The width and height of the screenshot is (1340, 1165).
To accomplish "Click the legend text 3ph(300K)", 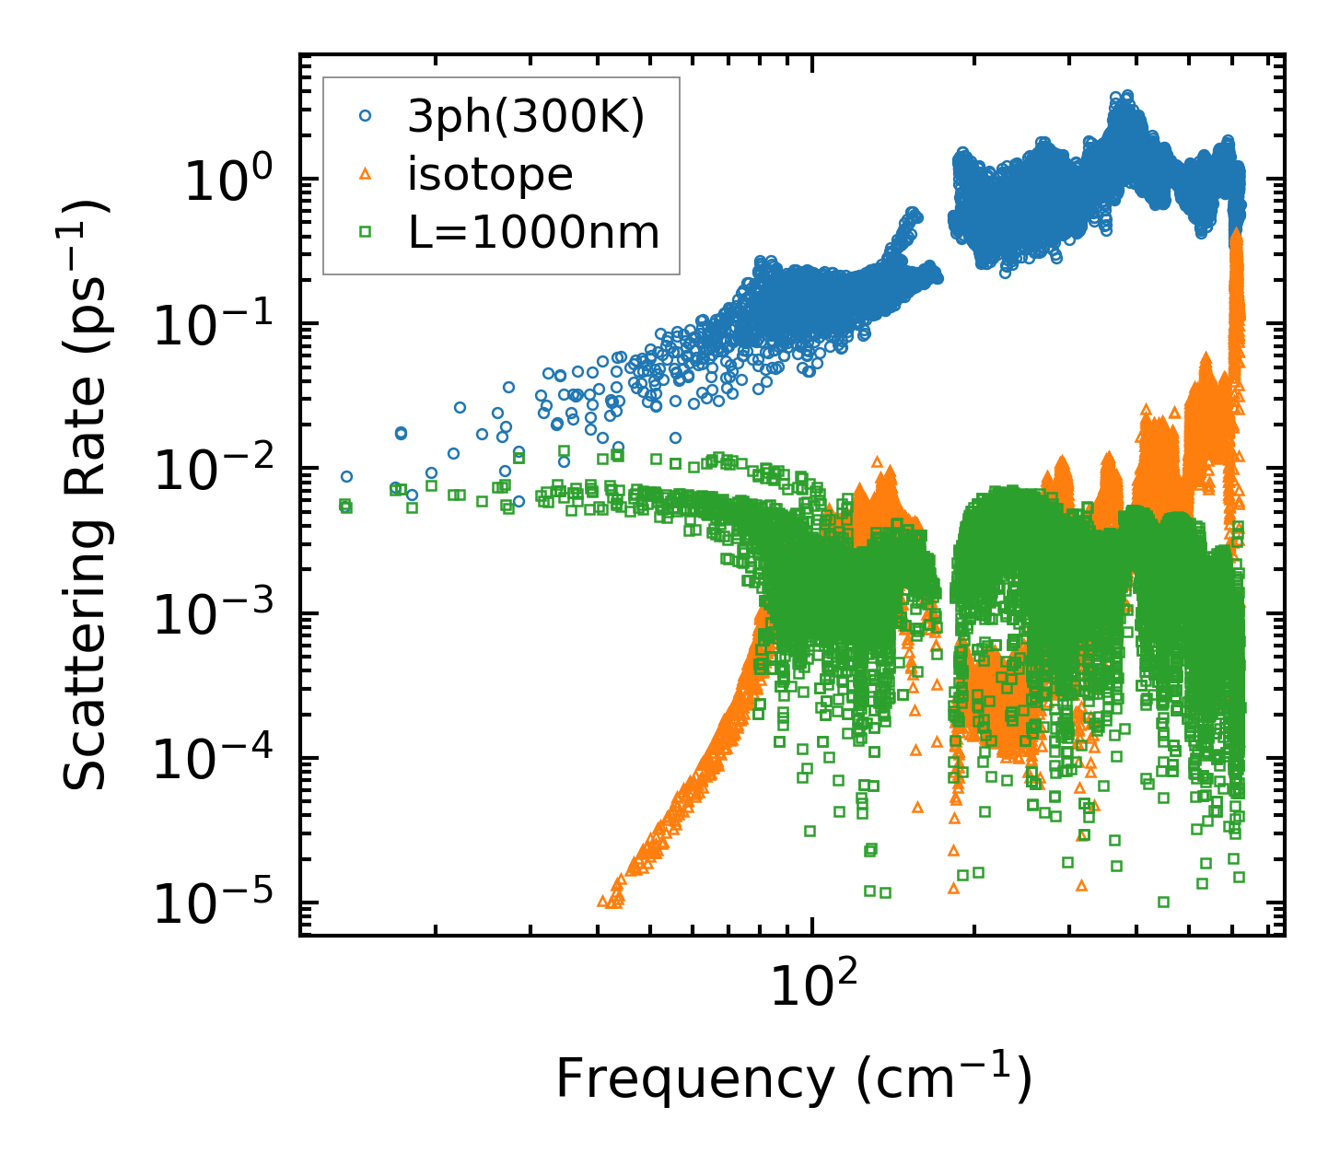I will pyautogui.click(x=527, y=116).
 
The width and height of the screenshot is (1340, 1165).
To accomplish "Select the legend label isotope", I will pyautogui.click(x=490, y=174).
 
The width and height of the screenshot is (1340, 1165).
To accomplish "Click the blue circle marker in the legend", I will pyautogui.click(x=366, y=116).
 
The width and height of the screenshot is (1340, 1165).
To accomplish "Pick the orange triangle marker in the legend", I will pyautogui.click(x=366, y=174).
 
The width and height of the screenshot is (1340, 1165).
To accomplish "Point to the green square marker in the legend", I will pyautogui.click(x=366, y=232).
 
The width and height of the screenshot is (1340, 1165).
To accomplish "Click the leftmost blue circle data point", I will pyautogui.click(x=346, y=477).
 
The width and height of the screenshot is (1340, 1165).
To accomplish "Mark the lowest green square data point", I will pyautogui.click(x=1163, y=902).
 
